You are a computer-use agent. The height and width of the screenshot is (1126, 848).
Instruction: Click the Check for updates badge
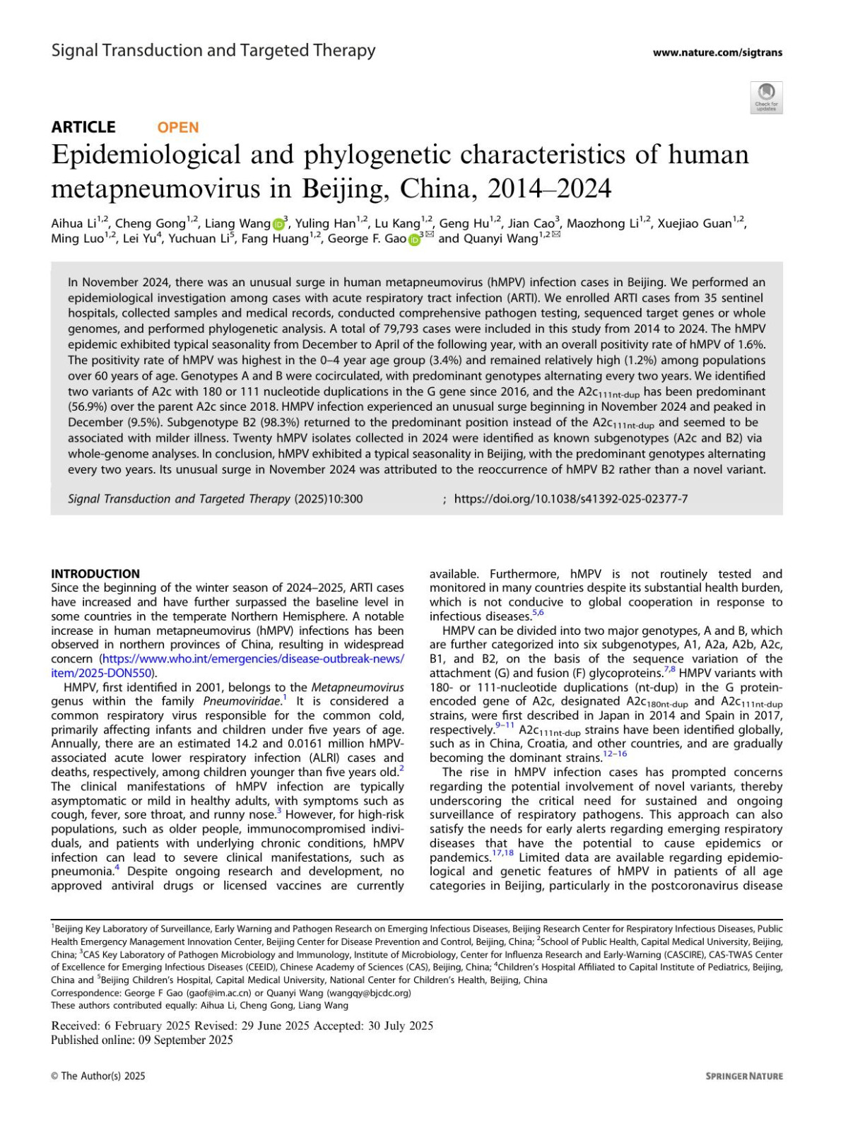[766, 98]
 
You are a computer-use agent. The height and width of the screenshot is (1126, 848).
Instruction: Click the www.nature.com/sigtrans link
[717, 52]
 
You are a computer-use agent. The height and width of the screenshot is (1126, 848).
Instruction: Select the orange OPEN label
[178, 127]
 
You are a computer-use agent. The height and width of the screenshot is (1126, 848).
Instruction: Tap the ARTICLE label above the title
[83, 127]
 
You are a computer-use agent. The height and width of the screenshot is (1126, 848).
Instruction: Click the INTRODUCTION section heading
[95, 574]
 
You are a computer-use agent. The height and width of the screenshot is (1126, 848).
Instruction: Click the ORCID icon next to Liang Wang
[278, 224]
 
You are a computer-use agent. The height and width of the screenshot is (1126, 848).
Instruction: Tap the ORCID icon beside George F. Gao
[414, 240]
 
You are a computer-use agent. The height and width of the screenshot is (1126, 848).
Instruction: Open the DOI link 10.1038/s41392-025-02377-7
[571, 499]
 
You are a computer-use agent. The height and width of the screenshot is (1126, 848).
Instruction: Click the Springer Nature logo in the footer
[744, 1076]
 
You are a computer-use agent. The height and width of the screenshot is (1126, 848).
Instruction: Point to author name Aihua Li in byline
[73, 224]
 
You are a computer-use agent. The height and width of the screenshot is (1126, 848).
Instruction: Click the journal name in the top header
[213, 50]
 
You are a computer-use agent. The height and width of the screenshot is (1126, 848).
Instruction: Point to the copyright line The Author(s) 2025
[98, 1076]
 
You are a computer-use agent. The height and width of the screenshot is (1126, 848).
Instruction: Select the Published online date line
[142, 1040]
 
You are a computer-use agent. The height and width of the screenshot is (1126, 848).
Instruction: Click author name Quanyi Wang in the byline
[500, 239]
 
